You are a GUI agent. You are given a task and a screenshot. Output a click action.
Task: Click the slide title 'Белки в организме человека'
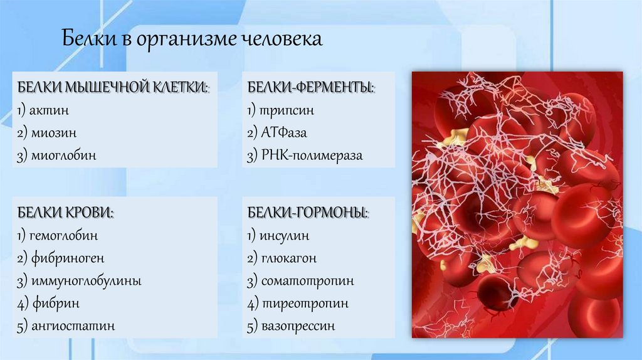[191, 40]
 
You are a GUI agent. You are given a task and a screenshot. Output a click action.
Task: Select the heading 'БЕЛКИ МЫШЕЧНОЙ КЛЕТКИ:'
[113, 87]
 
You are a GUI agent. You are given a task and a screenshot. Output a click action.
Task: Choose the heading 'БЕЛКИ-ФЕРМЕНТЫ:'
[310, 87]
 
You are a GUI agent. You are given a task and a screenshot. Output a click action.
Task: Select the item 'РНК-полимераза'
[312, 156]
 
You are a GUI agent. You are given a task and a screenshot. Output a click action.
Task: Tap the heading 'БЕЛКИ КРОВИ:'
[65, 213]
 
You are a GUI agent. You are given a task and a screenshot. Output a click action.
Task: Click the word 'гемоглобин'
[62, 236]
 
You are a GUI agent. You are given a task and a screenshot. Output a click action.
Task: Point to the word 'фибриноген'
[65, 258]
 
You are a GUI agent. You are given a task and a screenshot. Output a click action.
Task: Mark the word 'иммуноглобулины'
[83, 281]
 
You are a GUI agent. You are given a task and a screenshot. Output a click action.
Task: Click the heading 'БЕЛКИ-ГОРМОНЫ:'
[307, 213]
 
